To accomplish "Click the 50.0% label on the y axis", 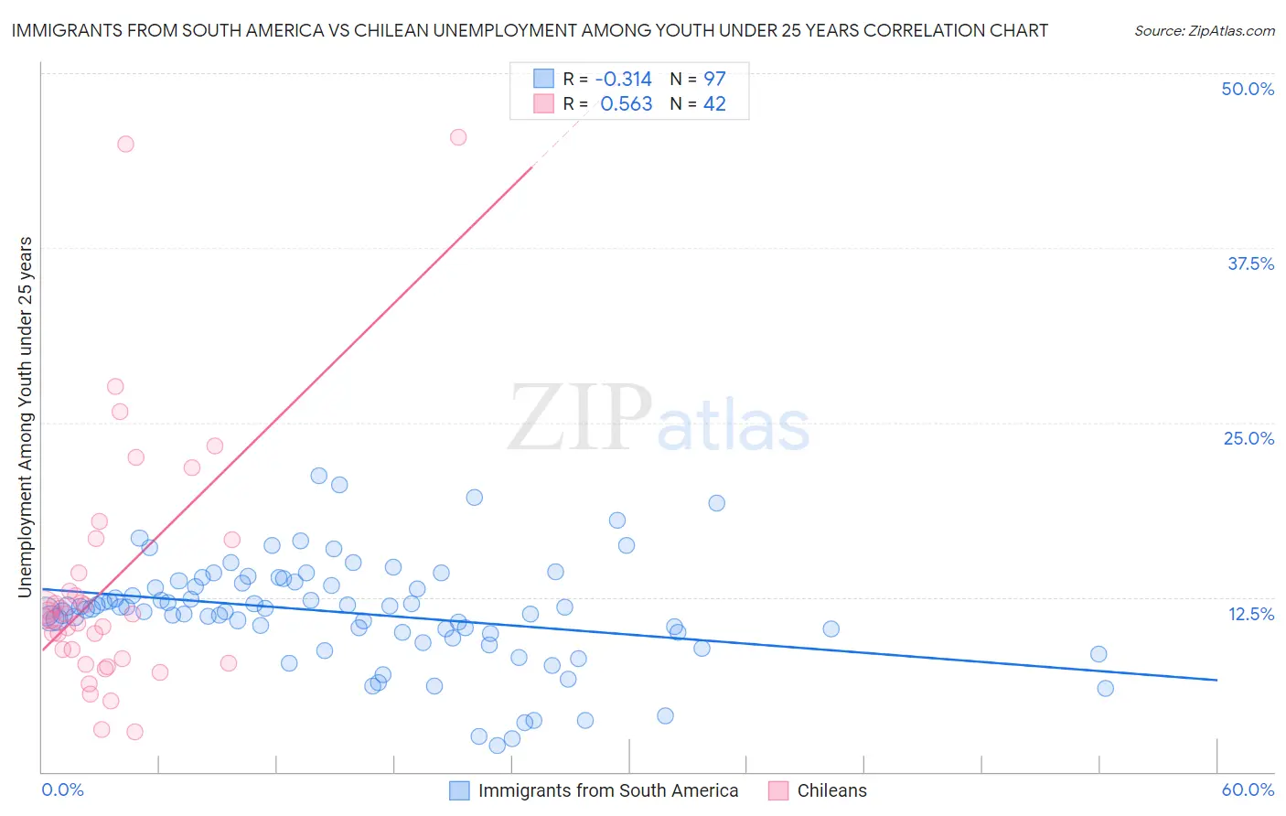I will coord(1248,89).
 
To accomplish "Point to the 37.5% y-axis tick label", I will coord(1250,263).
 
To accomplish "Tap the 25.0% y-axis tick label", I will coord(1248,438).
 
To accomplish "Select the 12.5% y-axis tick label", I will coord(1250,614).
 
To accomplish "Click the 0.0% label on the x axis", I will coord(62,789).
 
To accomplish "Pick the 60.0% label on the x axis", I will coord(1248,789).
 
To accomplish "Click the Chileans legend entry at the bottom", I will coord(831,790).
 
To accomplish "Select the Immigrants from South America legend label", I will coord(607,790).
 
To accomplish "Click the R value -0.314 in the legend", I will coord(623,79).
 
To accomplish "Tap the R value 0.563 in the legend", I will coord(626,103).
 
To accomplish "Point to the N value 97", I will coord(714,79).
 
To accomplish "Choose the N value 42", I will coord(714,103).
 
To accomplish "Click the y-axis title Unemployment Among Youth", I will coord(26,417).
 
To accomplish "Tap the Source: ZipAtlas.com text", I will coord(1204,31).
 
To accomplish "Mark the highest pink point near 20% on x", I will coord(458,137).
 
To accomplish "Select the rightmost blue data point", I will coord(1105,688).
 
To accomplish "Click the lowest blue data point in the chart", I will coord(497,746).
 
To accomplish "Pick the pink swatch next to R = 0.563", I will coord(543,103).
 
